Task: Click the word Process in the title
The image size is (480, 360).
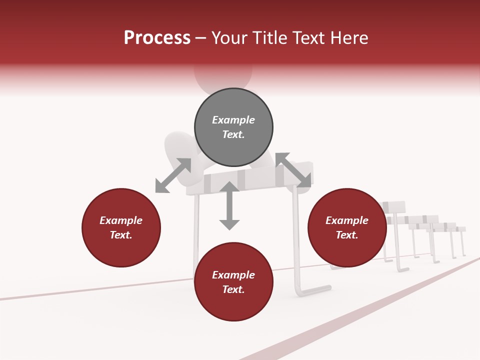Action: click(x=157, y=38)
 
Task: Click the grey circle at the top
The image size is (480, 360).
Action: click(x=233, y=127)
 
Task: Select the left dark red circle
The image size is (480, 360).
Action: click(x=121, y=227)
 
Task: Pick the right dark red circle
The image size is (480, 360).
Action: click(x=347, y=227)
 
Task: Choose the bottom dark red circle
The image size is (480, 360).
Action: click(x=233, y=282)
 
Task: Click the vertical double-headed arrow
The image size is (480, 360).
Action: click(x=229, y=206)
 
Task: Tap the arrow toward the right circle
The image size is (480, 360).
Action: click(x=293, y=170)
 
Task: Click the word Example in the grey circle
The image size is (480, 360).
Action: click(x=233, y=120)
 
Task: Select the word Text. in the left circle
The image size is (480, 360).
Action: click(x=121, y=235)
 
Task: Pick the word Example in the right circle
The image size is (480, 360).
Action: click(x=347, y=220)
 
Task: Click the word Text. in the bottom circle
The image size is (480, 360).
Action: click(x=233, y=289)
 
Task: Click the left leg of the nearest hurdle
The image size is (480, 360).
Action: click(x=196, y=235)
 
